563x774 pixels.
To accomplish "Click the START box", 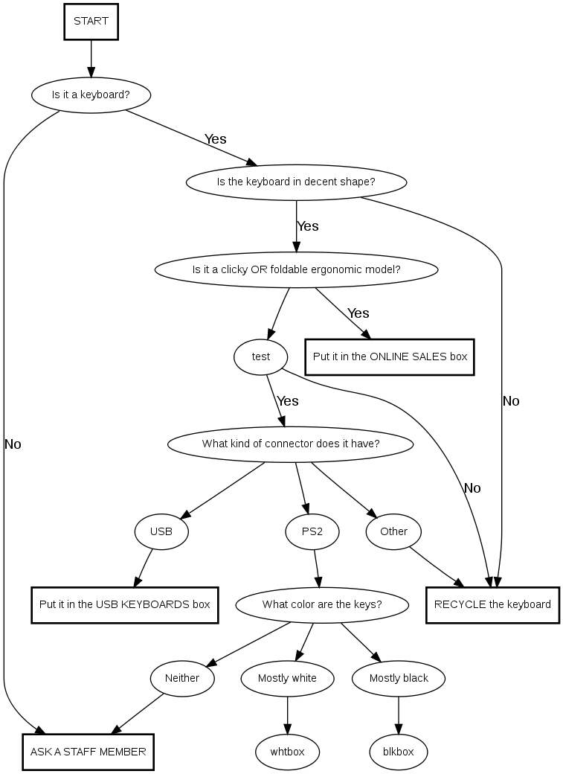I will click(x=91, y=22).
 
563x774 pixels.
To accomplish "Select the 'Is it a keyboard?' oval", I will click(x=91, y=95).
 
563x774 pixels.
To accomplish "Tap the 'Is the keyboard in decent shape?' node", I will click(x=296, y=182).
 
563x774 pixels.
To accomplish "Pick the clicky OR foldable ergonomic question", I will click(x=296, y=269).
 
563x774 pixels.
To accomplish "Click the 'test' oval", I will click(x=260, y=356).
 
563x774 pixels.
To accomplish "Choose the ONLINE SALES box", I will click(x=390, y=356).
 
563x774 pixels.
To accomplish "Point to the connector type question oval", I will click(x=291, y=444).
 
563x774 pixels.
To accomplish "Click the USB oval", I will click(x=161, y=531).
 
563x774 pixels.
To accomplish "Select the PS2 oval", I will click(x=312, y=531).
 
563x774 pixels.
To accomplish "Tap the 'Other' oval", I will click(x=393, y=531).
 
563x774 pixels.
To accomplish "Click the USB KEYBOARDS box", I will click(x=124, y=604).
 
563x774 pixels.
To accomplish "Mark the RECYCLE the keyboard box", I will click(x=492, y=604).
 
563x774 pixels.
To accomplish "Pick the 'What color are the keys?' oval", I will click(x=322, y=604).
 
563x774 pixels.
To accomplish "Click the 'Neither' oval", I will click(x=182, y=678).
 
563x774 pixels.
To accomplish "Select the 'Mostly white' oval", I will click(x=287, y=678).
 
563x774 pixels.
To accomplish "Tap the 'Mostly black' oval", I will click(x=399, y=678).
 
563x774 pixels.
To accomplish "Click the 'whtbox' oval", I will click(x=287, y=752).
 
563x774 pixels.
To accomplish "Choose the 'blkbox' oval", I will click(x=399, y=752).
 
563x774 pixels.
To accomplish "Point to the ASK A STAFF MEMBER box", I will click(x=88, y=752).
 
